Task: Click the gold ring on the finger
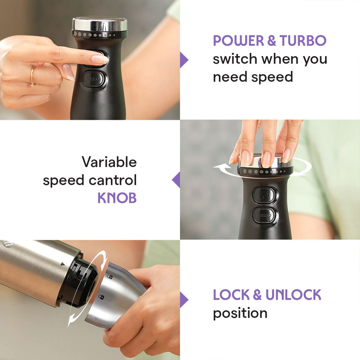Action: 33,76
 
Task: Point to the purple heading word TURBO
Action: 303,41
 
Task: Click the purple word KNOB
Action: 117,198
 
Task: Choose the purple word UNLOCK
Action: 293,295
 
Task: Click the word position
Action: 240,313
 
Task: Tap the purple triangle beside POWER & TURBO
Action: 184,60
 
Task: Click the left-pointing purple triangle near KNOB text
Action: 176,180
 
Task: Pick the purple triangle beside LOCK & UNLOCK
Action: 184,300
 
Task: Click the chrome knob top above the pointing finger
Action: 100,24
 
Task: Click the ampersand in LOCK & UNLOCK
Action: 257,295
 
